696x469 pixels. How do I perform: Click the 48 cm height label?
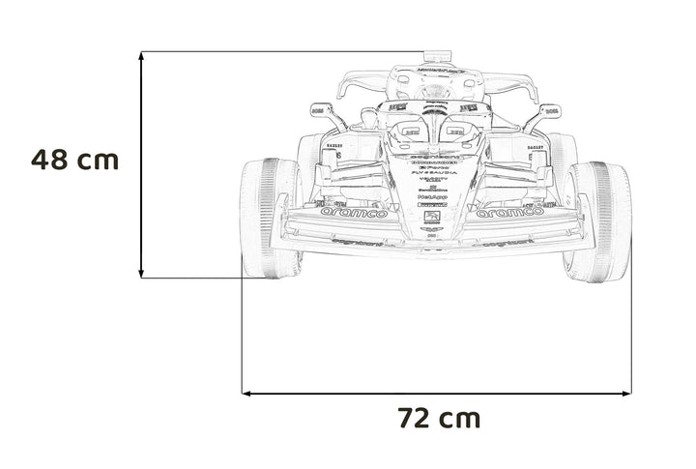[73, 160]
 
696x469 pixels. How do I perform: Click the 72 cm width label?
[438, 418]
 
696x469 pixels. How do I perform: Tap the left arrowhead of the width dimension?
[246, 394]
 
